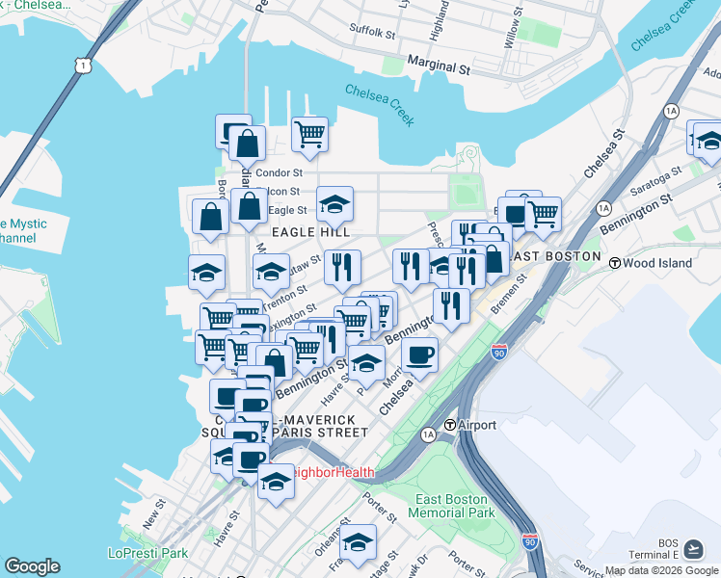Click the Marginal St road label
pyautogui.click(x=437, y=69)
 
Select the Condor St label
pyautogui.click(x=280, y=173)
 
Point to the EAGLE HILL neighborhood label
pyautogui.click(x=310, y=232)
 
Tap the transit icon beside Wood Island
pyautogui.click(x=614, y=262)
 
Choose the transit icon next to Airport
pyautogui.click(x=449, y=425)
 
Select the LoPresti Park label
pyautogui.click(x=147, y=554)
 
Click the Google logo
pyautogui.click(x=32, y=566)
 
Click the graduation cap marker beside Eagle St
pyautogui.click(x=334, y=203)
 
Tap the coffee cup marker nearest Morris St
pyautogui.click(x=419, y=354)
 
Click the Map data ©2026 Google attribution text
pyautogui.click(x=661, y=570)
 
